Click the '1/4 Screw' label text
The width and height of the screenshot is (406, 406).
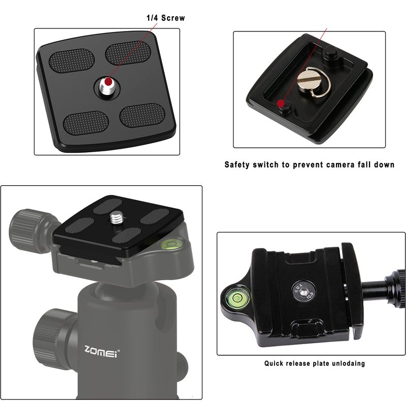click(166, 18)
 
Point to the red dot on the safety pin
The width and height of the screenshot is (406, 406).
click(281, 104)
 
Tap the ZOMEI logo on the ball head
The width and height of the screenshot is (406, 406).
click(100, 350)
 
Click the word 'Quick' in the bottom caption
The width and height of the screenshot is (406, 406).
click(275, 363)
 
